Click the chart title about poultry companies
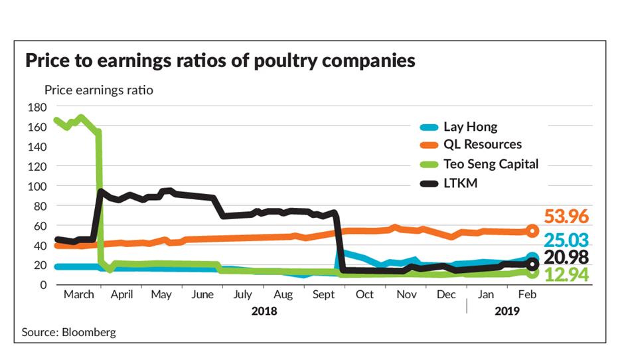pos(220,61)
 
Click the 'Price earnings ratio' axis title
pos(98,90)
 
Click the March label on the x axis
pos(79,295)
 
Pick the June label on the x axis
pos(202,295)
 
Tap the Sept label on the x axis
pos(323,295)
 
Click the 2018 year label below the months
pos(264,310)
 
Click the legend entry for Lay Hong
pos(470,127)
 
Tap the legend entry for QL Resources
pos(483,145)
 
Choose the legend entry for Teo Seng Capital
pos(491,164)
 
